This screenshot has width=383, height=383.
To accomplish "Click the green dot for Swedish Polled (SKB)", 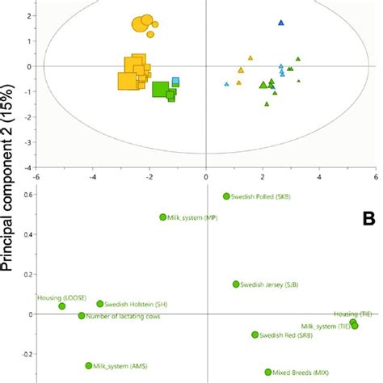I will [x=226, y=196].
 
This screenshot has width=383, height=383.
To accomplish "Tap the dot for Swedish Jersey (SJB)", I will [x=236, y=284].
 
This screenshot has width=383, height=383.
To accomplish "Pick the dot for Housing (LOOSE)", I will [x=62, y=306].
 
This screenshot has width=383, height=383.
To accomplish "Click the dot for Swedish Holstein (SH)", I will [x=100, y=304].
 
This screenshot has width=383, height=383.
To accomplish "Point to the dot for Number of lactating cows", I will [x=82, y=316].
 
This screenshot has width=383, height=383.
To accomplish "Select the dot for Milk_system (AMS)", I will [x=89, y=366].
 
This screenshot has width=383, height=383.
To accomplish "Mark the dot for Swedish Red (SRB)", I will [x=255, y=335].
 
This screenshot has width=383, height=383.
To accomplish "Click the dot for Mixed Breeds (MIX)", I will [x=268, y=372].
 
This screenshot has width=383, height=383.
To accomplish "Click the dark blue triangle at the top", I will [x=281, y=23].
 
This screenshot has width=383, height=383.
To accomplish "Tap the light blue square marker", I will [x=175, y=81].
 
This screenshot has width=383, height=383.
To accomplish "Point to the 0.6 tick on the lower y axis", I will [x=27, y=195].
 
